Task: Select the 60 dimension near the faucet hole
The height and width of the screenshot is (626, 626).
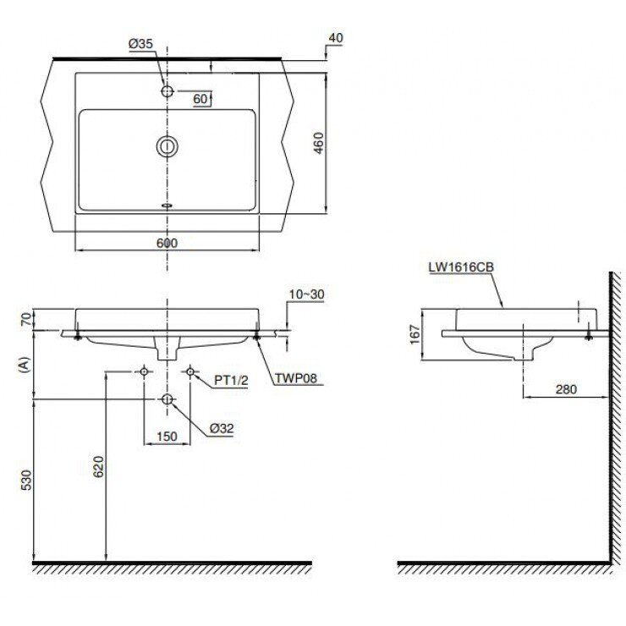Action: (x=200, y=99)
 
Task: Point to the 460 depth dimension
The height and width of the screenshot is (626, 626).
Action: (x=318, y=144)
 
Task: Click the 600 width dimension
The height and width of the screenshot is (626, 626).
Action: (x=168, y=243)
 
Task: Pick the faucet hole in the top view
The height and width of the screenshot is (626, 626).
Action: (x=167, y=91)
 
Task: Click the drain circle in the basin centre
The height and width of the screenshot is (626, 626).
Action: (x=167, y=147)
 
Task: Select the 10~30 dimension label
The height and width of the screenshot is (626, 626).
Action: (x=305, y=294)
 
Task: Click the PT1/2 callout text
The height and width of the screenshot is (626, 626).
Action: (x=230, y=381)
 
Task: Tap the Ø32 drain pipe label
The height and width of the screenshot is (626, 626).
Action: (x=222, y=428)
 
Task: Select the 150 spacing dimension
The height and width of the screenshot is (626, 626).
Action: (x=167, y=437)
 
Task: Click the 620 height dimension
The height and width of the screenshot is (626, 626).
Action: (x=98, y=466)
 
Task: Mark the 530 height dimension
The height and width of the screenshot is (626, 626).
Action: (x=26, y=480)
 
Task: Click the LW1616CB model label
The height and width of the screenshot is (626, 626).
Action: (x=461, y=266)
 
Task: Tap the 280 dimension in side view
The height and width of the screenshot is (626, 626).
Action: (x=566, y=389)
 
